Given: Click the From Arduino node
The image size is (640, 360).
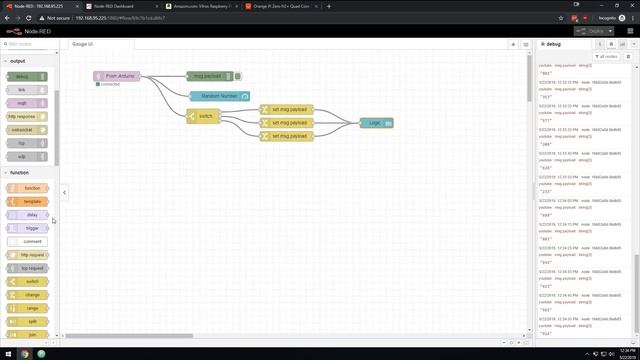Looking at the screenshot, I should click(x=117, y=76).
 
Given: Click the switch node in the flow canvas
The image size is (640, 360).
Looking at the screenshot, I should click(x=203, y=116).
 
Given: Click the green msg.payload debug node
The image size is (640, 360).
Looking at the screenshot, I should click(x=208, y=76).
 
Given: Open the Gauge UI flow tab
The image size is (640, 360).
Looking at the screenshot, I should click(x=82, y=44).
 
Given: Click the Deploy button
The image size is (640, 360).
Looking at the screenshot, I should click(x=596, y=31).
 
